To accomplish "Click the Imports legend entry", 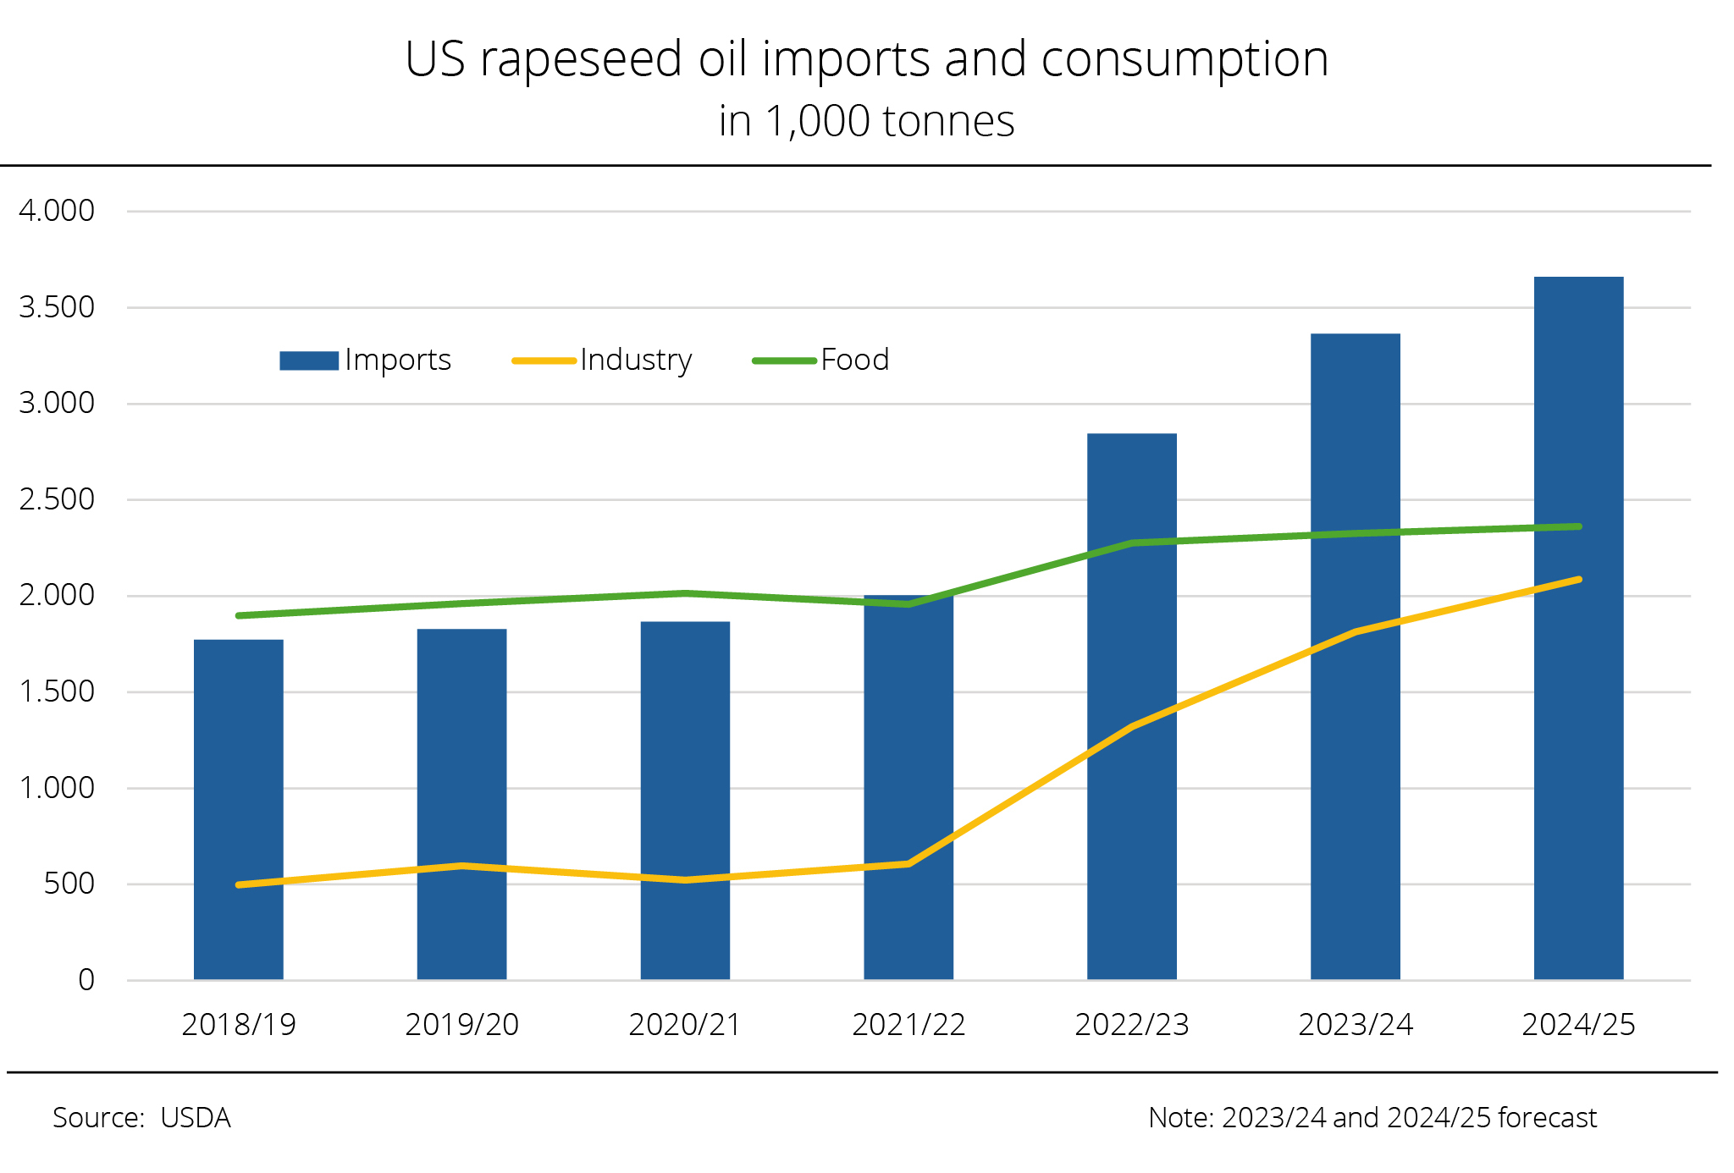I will coord(366,361).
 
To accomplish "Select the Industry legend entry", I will coord(603,361).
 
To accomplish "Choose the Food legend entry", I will coord(821,361).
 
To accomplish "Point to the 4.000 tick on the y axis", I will coord(57,211).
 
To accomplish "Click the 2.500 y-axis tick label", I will coord(57,499).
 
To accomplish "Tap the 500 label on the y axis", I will coord(69,884).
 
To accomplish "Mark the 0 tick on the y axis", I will coord(86,980).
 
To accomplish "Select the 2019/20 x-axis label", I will coord(461,1025).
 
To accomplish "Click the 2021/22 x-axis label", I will coord(908,1025).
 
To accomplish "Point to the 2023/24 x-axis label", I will coord(1356,1025).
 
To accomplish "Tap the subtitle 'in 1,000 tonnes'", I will coord(866,121).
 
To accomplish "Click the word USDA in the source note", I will coord(196,1118).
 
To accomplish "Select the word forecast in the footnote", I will coord(1547,1118).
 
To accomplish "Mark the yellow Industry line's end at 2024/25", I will coord(1578,580).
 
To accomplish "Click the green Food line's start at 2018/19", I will coord(240,615).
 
